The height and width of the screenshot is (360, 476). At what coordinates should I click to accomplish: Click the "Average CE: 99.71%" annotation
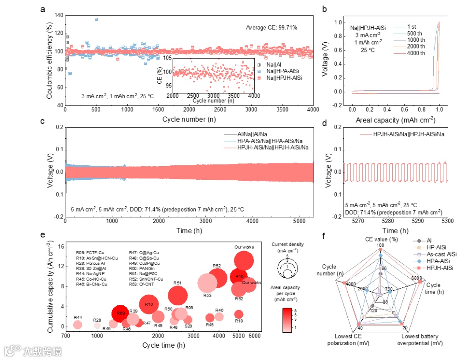pyautogui.click(x=271, y=28)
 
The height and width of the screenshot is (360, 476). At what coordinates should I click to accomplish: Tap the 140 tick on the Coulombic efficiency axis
pyautogui.click(x=58, y=15)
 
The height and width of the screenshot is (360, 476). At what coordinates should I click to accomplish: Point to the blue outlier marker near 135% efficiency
pyautogui.click(x=96, y=19)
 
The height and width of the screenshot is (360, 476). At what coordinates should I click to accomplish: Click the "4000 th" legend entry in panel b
pyautogui.click(x=416, y=53)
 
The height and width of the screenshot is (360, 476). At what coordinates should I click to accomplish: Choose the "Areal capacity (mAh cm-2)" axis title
pyautogui.click(x=394, y=119)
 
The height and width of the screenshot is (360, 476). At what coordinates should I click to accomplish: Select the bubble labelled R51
pyautogui.click(x=178, y=295)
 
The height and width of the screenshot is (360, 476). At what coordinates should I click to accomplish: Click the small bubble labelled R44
pyautogui.click(x=78, y=325)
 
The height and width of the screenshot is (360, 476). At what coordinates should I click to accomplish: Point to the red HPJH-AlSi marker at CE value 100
pyautogui.click(x=380, y=250)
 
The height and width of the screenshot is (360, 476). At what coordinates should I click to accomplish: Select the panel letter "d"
pyautogui.click(x=325, y=122)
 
